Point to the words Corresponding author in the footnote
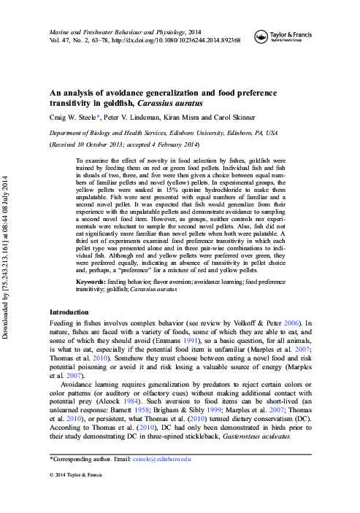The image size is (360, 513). tap(80, 458)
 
